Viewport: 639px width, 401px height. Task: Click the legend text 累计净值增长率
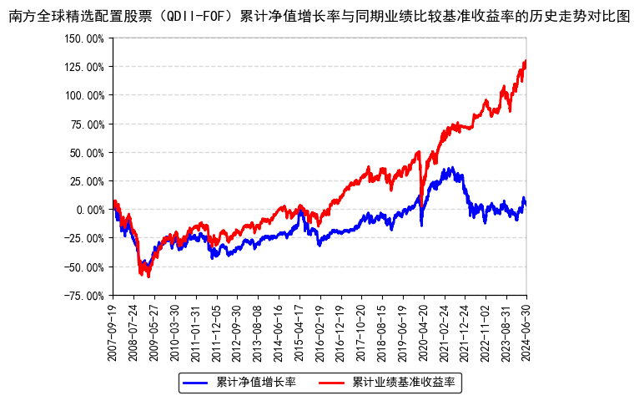point(256,383)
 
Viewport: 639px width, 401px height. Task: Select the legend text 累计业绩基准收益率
point(403,383)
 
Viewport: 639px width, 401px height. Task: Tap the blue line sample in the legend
point(195,383)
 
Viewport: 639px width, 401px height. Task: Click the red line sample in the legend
point(331,383)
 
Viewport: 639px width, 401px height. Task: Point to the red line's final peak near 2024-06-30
point(525,61)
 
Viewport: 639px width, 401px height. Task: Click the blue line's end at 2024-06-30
point(526,204)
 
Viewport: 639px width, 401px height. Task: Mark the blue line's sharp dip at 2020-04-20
point(421,224)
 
